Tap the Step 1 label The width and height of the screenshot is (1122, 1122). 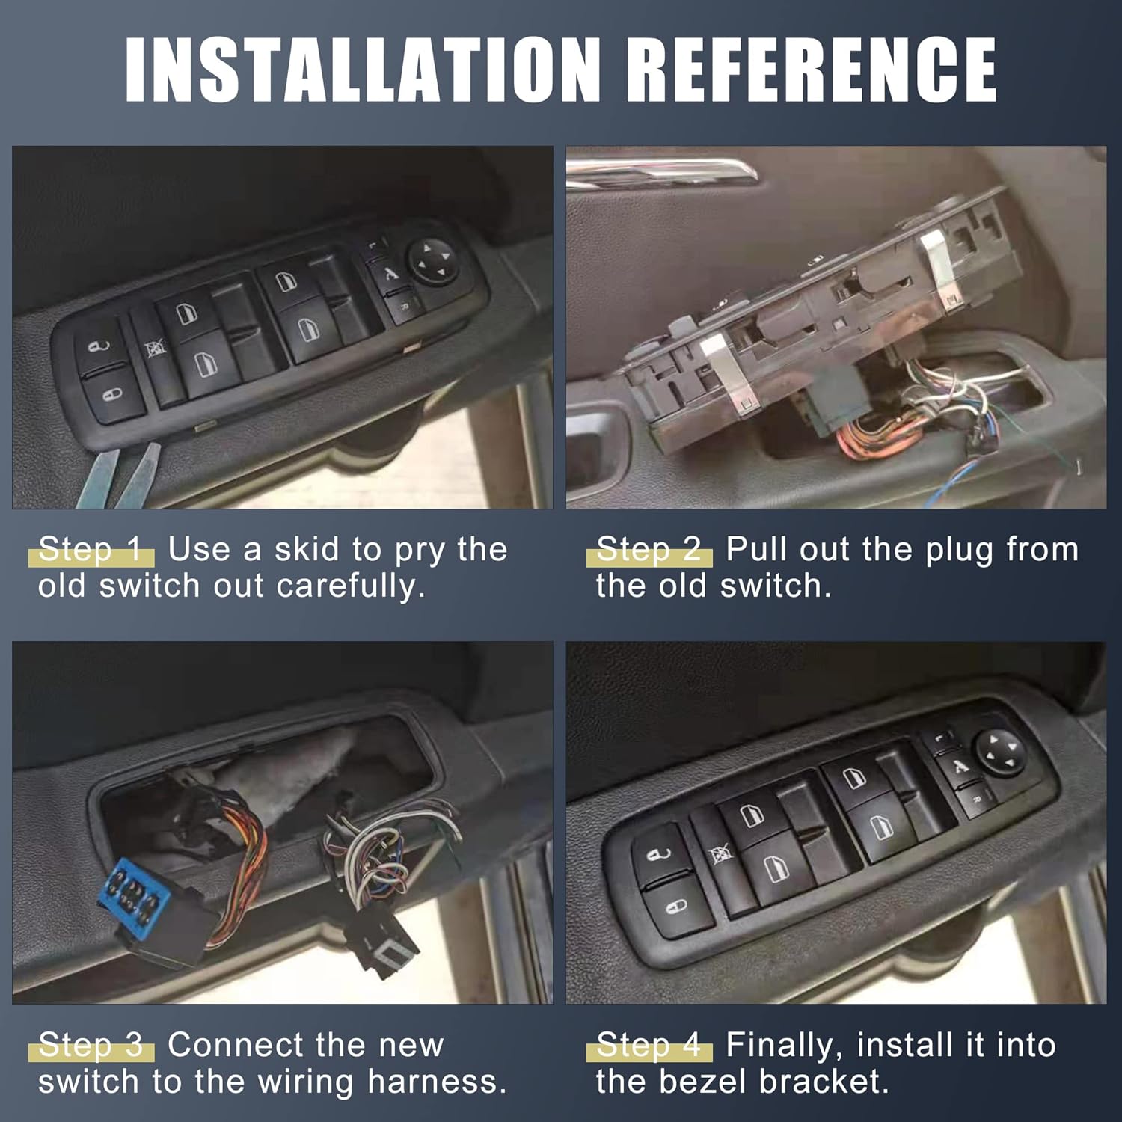[91, 550]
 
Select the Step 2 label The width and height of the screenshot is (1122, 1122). [649, 550]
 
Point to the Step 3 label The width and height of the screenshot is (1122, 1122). [91, 1045]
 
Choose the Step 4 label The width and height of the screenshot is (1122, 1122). [649, 1045]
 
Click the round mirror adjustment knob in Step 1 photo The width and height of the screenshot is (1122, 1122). [432, 261]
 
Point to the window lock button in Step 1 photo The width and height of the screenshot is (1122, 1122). [156, 350]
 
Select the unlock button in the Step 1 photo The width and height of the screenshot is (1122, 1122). [99, 346]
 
